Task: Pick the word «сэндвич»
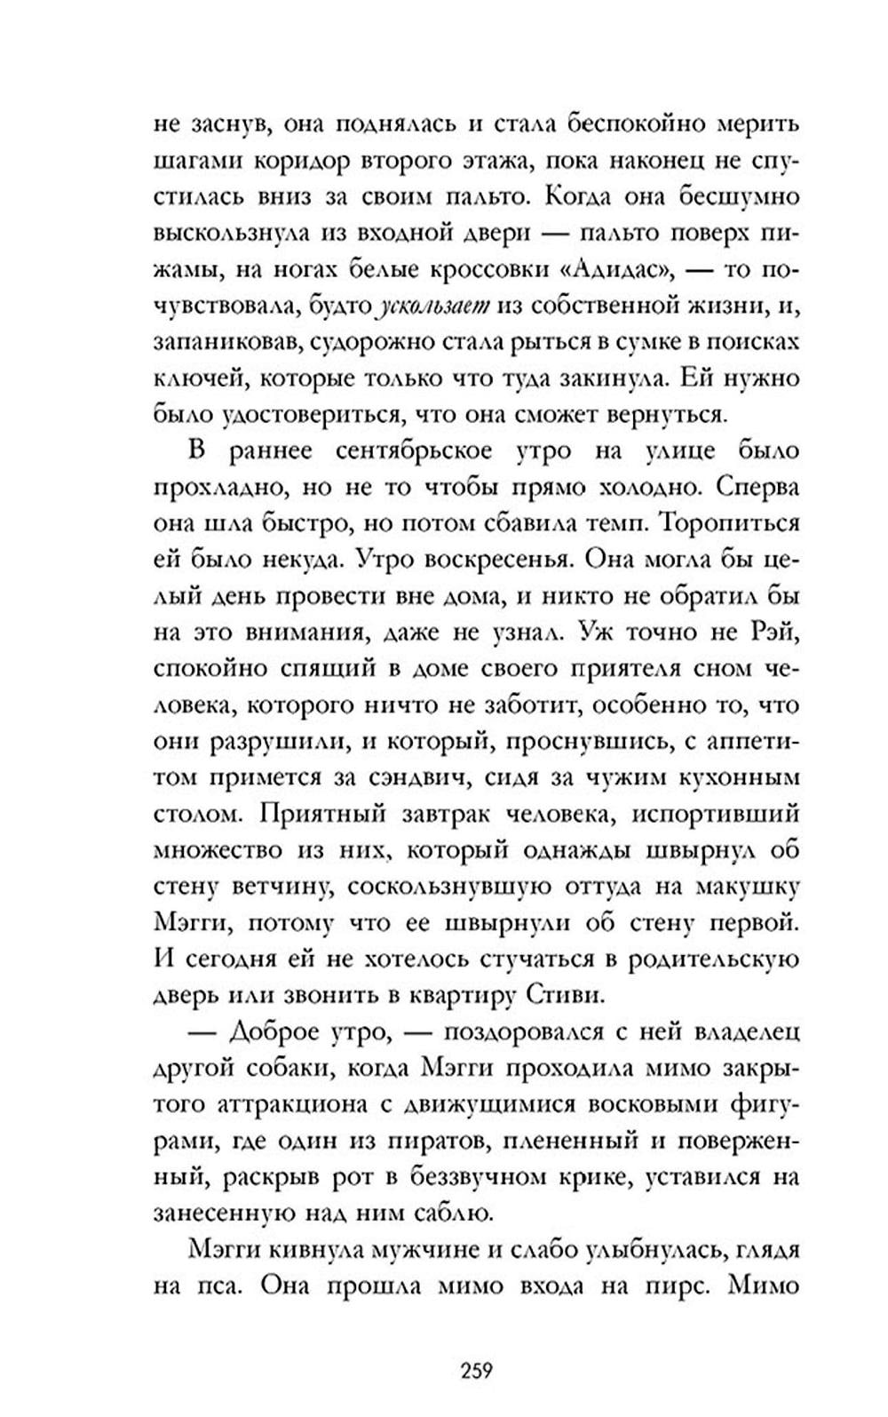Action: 420,776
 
